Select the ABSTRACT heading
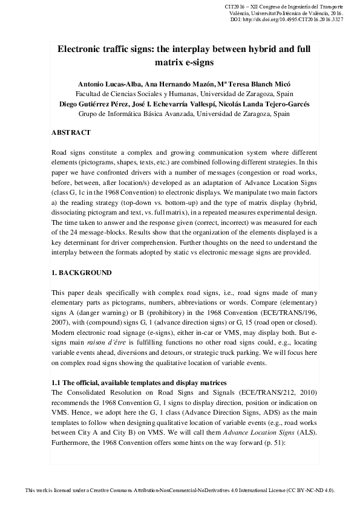point(71,132)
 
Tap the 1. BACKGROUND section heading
point(82,273)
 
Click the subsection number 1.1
point(56,383)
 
